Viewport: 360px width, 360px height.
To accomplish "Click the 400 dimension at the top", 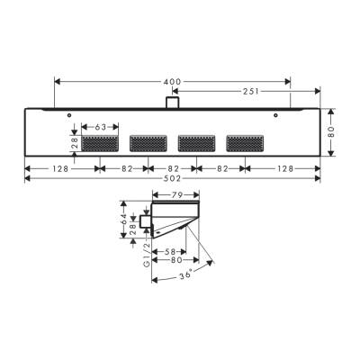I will (171, 82).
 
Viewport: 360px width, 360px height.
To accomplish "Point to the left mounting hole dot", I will (69, 114).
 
